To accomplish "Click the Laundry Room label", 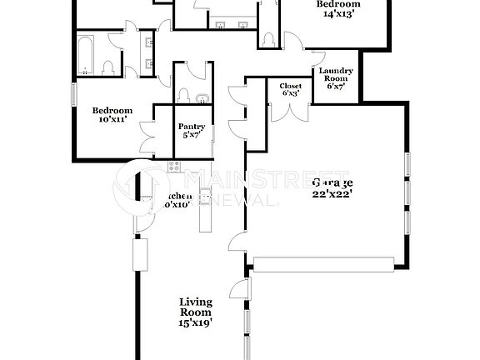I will pos(337,78).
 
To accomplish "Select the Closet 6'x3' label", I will pos(290,89).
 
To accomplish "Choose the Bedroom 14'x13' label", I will pos(337,10).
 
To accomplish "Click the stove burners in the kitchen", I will pos(175,167).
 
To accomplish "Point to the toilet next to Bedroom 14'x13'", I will pos(269,38).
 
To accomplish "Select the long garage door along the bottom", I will pos(322,264).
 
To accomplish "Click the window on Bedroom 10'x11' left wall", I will pos(73,94).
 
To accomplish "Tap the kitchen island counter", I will pos(202,212).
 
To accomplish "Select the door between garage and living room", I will pos(239,289).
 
